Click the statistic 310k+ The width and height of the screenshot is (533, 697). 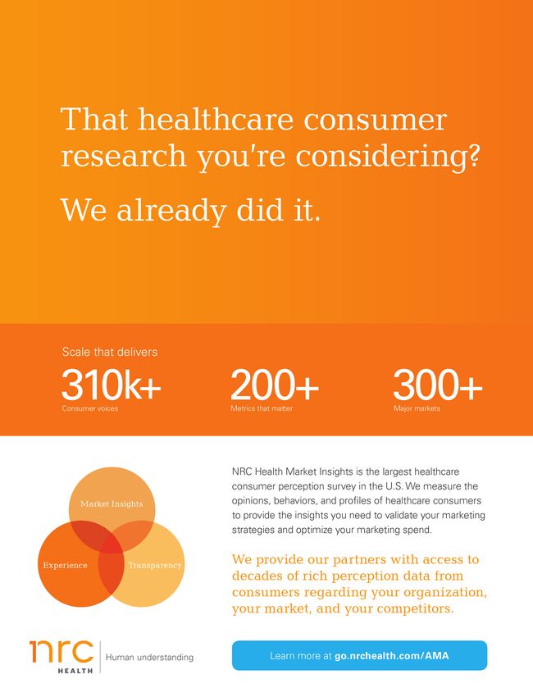[112, 385]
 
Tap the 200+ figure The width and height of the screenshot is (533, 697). [274, 385]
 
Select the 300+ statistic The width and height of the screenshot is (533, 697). [437, 385]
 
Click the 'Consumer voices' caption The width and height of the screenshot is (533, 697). [90, 408]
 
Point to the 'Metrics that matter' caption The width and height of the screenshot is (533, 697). [262, 408]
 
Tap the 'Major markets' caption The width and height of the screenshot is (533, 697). [417, 408]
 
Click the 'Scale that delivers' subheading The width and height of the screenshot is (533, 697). [109, 352]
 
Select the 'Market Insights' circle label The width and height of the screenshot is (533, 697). [112, 503]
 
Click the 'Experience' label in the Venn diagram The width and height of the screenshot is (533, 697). [65, 566]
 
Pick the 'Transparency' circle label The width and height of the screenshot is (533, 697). [155, 566]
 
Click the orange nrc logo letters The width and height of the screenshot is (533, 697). [61, 652]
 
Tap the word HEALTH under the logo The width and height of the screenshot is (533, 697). [75, 670]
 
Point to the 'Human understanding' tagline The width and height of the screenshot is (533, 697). [149, 658]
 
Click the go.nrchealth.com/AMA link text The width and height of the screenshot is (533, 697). [392, 656]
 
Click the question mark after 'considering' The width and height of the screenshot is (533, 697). [473, 156]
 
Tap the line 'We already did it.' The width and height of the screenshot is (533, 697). [190, 210]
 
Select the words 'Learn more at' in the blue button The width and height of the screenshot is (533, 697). [301, 656]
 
